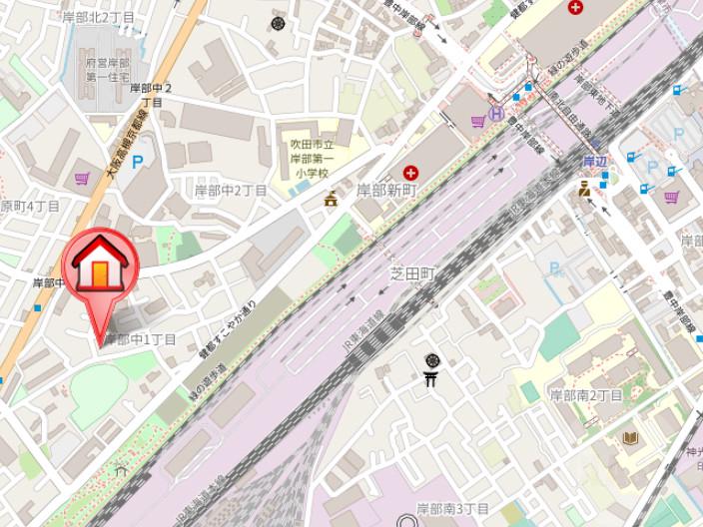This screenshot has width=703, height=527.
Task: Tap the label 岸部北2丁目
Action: pos(98,18)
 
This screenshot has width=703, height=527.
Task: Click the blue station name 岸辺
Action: pos(595,161)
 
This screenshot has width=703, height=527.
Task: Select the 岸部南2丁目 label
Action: pos(586,395)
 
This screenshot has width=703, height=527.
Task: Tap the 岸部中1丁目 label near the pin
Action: pos(141,340)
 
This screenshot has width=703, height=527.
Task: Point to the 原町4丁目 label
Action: pos(30,207)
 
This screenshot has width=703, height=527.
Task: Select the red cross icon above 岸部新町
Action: pos(410,173)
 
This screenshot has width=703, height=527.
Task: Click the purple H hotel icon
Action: pos(496,114)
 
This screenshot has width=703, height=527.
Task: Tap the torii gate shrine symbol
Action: pos(432,378)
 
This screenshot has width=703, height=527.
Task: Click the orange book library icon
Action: pos(630,438)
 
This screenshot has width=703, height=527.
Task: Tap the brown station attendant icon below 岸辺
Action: pos(584,187)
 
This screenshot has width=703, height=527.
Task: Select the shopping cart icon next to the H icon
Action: pos(478,122)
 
